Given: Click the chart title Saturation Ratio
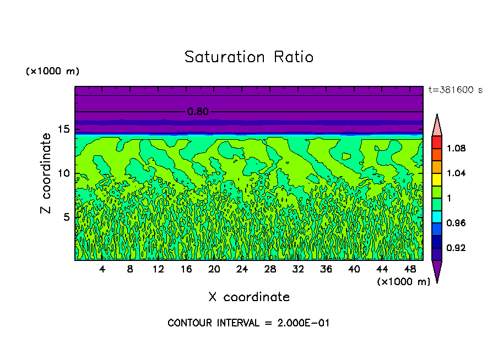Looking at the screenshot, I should (248, 57).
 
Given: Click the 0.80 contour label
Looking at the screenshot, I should (198, 112).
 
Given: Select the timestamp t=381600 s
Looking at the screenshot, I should (455, 90).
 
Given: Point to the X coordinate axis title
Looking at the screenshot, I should (249, 297).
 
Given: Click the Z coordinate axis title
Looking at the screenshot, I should (46, 173).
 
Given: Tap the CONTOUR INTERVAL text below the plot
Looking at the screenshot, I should (248, 323).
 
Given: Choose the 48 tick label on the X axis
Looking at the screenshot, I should (411, 269).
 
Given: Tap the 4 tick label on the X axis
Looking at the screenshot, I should (102, 269).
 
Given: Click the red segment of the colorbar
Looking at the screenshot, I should (436, 142).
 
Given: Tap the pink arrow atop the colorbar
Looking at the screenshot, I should (436, 126).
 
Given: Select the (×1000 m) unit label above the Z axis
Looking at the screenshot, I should (53, 72).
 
